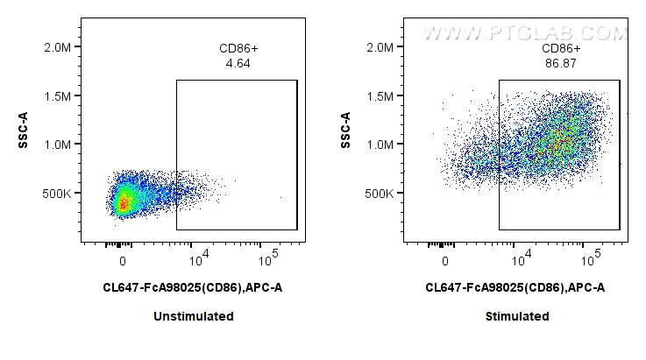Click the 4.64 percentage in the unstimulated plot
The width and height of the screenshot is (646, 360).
point(236,63)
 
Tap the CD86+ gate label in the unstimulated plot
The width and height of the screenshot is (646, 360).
point(237,49)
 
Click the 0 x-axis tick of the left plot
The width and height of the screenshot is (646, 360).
point(123,260)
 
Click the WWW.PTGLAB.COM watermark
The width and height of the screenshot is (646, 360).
point(525,33)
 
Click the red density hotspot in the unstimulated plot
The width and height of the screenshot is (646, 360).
point(123,204)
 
